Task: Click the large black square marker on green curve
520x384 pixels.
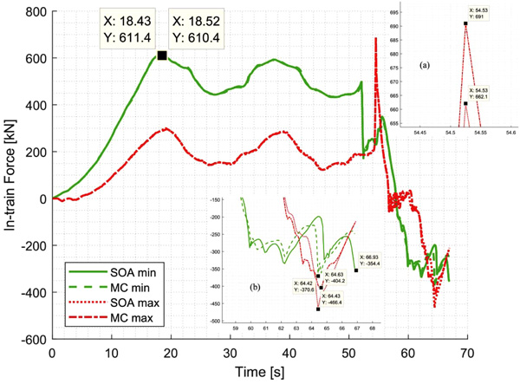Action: [x=162, y=55]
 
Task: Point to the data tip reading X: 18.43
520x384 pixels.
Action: [x=130, y=29]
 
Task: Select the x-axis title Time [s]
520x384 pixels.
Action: [x=258, y=373]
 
